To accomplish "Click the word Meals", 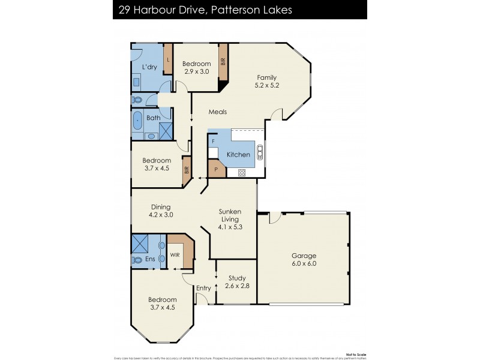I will tap(217, 112).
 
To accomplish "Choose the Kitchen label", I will tap(238, 155).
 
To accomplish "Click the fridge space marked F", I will tap(213, 142).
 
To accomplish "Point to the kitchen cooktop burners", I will tap(242, 173).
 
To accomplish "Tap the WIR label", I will tap(175, 255).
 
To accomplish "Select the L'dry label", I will tap(149, 67).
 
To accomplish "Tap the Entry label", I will tap(203, 288).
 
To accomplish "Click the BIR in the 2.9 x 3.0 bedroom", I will tap(223, 62).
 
